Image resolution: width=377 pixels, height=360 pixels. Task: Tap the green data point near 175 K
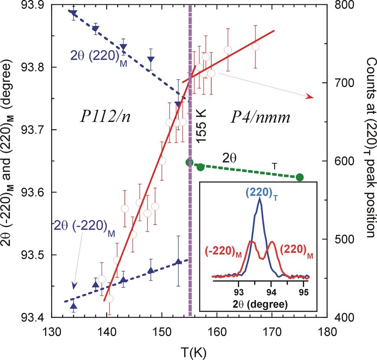coord(300,177)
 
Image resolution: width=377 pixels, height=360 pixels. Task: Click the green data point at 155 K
coord(190,162)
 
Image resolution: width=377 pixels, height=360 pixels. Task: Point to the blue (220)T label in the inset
coord(260,192)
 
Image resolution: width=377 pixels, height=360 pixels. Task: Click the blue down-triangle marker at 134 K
coord(73,14)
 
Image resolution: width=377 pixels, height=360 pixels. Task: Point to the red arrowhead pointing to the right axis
coord(310,97)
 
